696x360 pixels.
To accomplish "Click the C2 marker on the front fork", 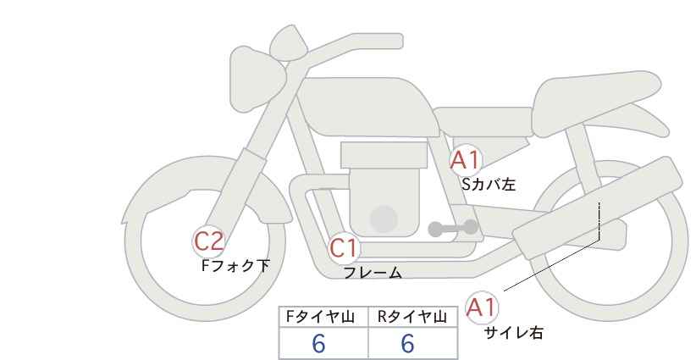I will coord(209,241).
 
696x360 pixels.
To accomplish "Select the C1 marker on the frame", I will coord(345,249).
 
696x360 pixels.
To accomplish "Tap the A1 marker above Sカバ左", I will coord(465,159).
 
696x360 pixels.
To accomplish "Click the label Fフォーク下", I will coord(235,265).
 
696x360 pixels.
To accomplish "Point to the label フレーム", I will coord(373,273).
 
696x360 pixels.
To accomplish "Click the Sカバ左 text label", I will coord(488,182).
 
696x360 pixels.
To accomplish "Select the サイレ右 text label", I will coord(513,333).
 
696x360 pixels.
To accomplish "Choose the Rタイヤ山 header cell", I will coord(413,318).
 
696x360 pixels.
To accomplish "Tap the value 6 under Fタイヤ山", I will coord(318,344).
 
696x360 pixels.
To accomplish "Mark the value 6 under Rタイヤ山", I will coord(407,344).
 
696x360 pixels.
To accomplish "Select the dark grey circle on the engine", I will coord(384,219).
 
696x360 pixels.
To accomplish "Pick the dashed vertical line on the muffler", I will coord(599,222).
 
